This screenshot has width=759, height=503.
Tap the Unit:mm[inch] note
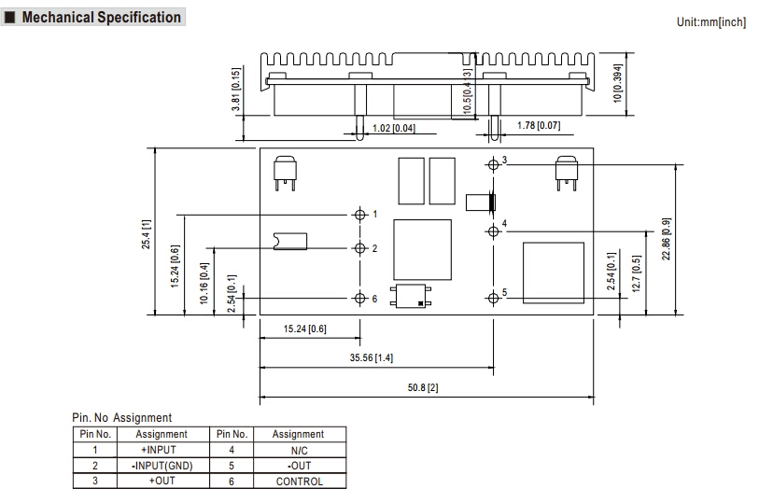[711, 21]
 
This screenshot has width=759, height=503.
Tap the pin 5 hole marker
[493, 298]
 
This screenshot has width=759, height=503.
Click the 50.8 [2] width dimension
[427, 387]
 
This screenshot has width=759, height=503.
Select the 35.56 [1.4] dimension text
[371, 357]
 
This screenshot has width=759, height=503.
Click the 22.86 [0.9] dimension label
[667, 239]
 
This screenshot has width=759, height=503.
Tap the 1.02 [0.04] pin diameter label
[393, 128]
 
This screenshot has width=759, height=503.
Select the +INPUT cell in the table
[162, 450]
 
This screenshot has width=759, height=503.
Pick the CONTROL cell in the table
[299, 482]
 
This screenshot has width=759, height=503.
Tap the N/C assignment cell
[299, 450]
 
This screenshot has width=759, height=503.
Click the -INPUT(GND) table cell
[162, 466]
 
